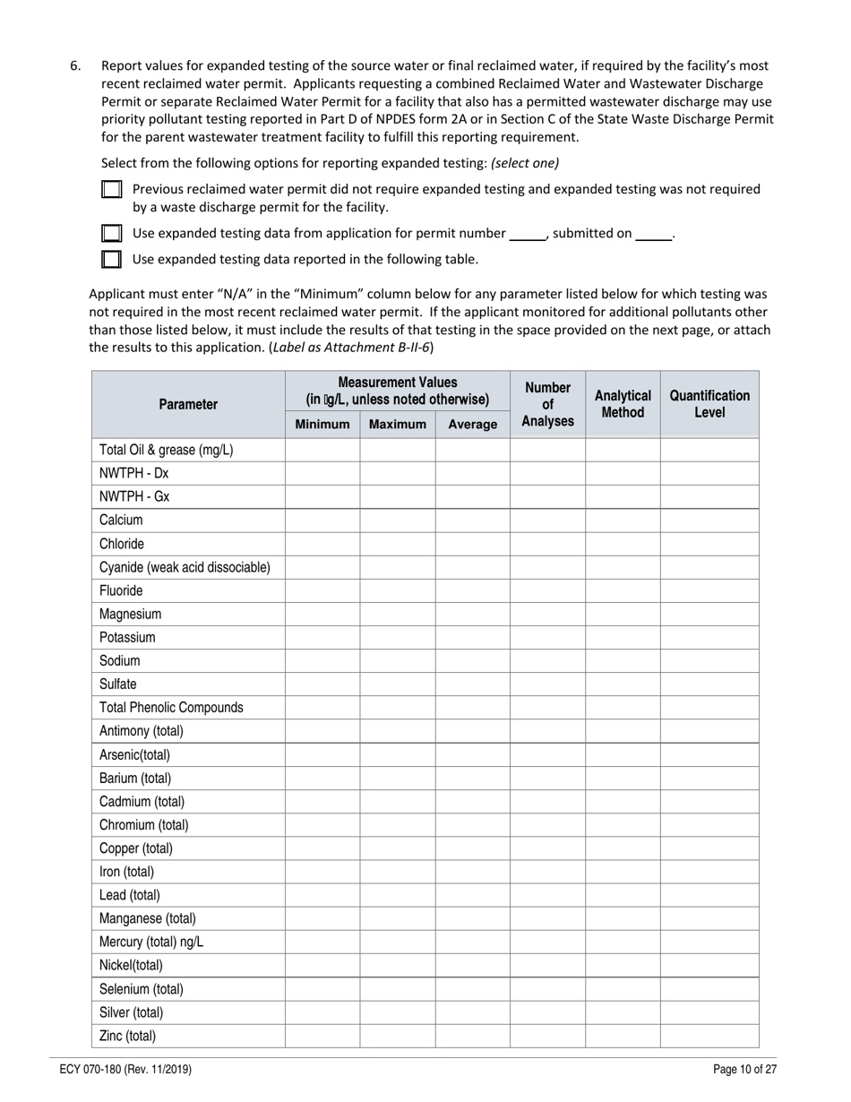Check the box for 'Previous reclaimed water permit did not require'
pos(111,190)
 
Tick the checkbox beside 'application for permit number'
pos(111,234)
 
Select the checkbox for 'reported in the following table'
pos(111,260)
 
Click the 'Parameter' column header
pos(188,404)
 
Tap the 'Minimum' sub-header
pos(322,425)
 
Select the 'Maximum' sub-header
pos(397,425)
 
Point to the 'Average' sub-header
pos(472,425)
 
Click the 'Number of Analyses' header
pos(547,404)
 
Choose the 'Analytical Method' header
pos(623,404)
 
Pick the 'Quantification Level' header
pos(709,404)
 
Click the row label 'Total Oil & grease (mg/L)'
pos(167,450)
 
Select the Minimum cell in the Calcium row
pos(322,521)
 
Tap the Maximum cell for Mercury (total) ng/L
pos(397,943)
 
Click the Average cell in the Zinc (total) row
pos(472,1037)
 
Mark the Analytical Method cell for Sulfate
pos(623,684)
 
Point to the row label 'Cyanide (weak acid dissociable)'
pos(185,567)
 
